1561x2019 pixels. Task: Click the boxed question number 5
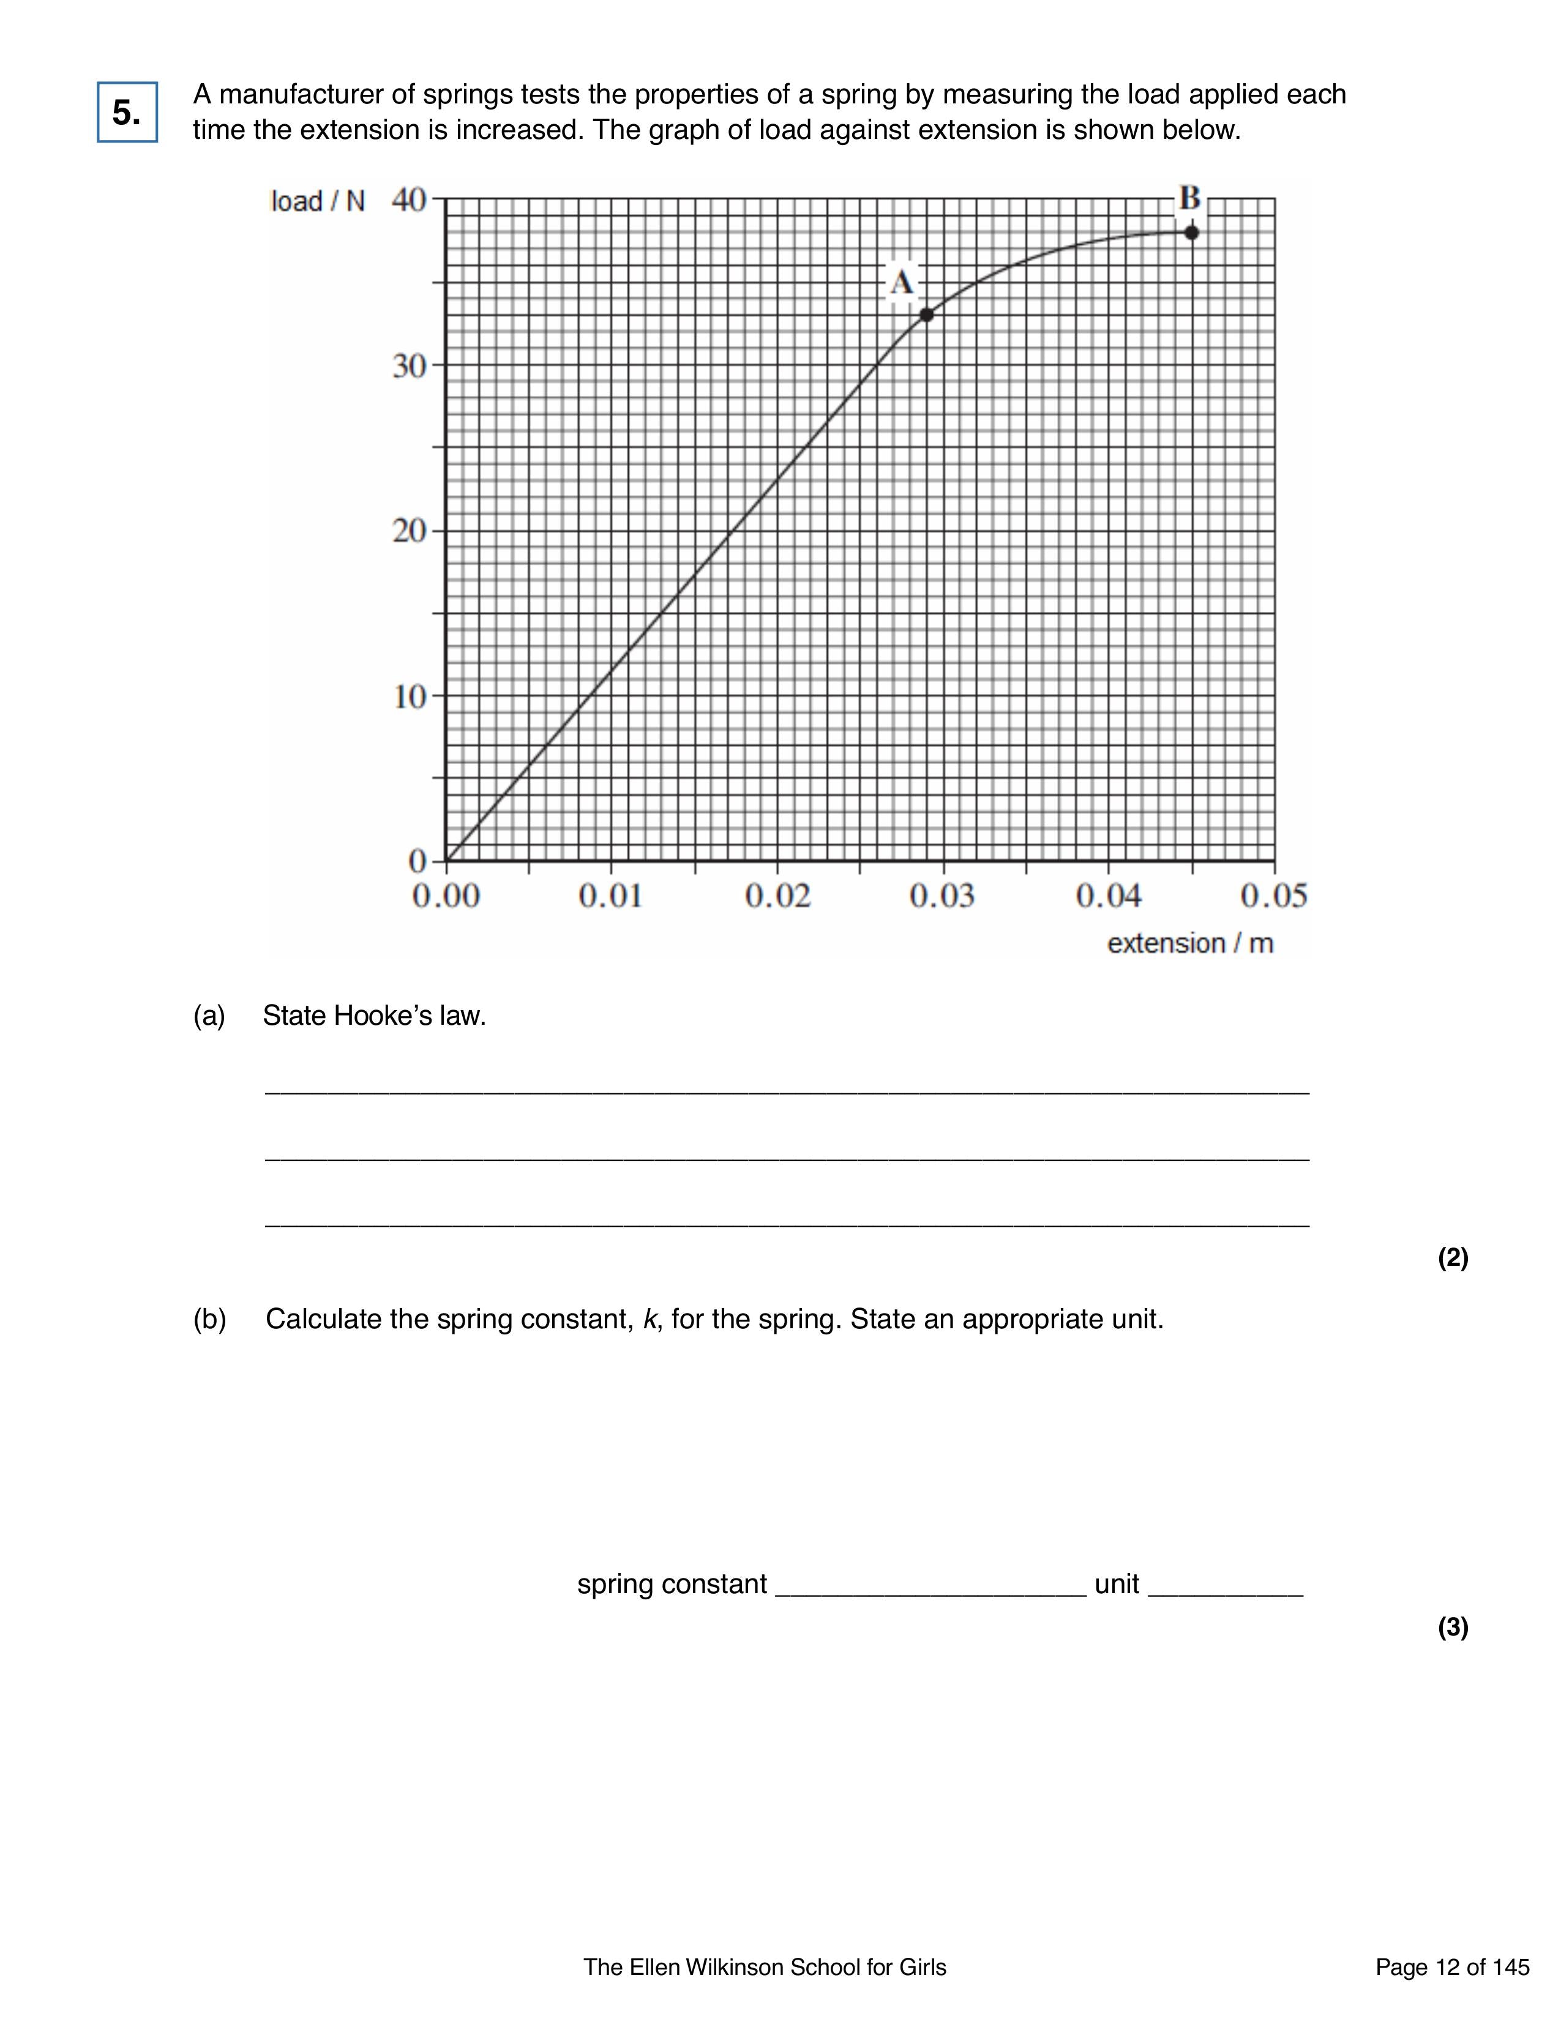pos(127,113)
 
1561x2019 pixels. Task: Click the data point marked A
pos(927,315)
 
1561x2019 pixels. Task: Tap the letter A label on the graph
pos(902,282)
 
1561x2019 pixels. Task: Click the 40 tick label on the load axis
pos(409,199)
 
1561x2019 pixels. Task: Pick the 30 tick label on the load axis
pos(409,366)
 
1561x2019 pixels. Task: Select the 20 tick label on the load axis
pos(409,532)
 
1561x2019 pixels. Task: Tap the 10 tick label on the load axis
pos(409,696)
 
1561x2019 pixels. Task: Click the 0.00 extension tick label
pos(446,896)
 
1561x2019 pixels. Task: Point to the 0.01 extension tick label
pos(610,896)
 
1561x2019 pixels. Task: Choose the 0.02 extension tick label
pos(777,896)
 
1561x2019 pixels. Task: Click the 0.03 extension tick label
pos(941,896)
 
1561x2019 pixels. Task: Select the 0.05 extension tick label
pos(1273,896)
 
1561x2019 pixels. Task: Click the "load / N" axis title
pos(317,201)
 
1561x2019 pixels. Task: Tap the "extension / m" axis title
pos(1190,944)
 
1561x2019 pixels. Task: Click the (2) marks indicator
pos(1453,1257)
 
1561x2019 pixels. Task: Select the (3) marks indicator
pos(1453,1627)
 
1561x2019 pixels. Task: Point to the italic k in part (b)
pos(649,1319)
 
